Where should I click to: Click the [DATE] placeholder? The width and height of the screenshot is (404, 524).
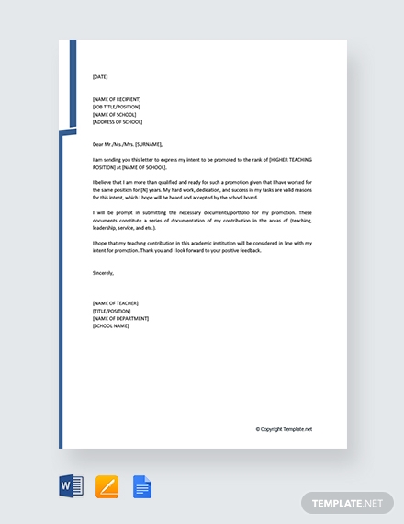point(100,77)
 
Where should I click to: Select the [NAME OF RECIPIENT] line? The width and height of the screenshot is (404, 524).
point(117,99)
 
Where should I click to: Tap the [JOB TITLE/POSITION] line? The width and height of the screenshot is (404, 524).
point(116,107)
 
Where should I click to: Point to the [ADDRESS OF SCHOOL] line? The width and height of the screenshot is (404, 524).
point(118,121)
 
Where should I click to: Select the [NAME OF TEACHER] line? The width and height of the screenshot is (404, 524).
point(116,303)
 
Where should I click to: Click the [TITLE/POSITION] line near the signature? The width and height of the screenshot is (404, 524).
point(112,311)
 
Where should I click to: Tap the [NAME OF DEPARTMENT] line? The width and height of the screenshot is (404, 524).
point(120,318)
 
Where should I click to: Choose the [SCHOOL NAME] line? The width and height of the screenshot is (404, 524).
point(111,325)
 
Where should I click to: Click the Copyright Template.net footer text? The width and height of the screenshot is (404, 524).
point(284,428)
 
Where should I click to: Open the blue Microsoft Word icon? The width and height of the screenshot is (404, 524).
point(71,485)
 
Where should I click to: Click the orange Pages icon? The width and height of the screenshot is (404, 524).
point(107,485)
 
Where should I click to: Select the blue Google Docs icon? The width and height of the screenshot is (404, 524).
point(142,485)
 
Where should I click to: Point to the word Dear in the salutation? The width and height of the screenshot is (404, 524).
point(98,144)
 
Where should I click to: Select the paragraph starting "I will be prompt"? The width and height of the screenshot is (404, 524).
point(202,220)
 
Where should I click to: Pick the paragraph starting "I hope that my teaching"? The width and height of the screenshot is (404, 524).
point(202,246)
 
